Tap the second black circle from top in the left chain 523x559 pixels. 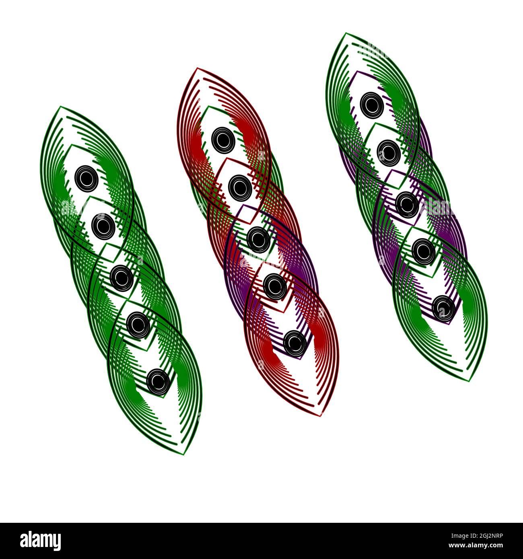103,226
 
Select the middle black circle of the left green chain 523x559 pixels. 121,277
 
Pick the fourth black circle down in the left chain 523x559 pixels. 138,324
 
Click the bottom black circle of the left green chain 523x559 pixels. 158,382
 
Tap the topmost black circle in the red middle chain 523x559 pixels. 223,140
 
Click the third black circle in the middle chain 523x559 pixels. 258,239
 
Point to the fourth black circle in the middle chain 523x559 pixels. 275,286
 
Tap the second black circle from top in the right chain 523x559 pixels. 389,152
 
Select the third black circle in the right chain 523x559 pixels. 407,204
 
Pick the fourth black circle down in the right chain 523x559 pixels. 424,251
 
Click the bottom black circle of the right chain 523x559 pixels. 444,308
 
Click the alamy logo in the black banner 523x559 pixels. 40,541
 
